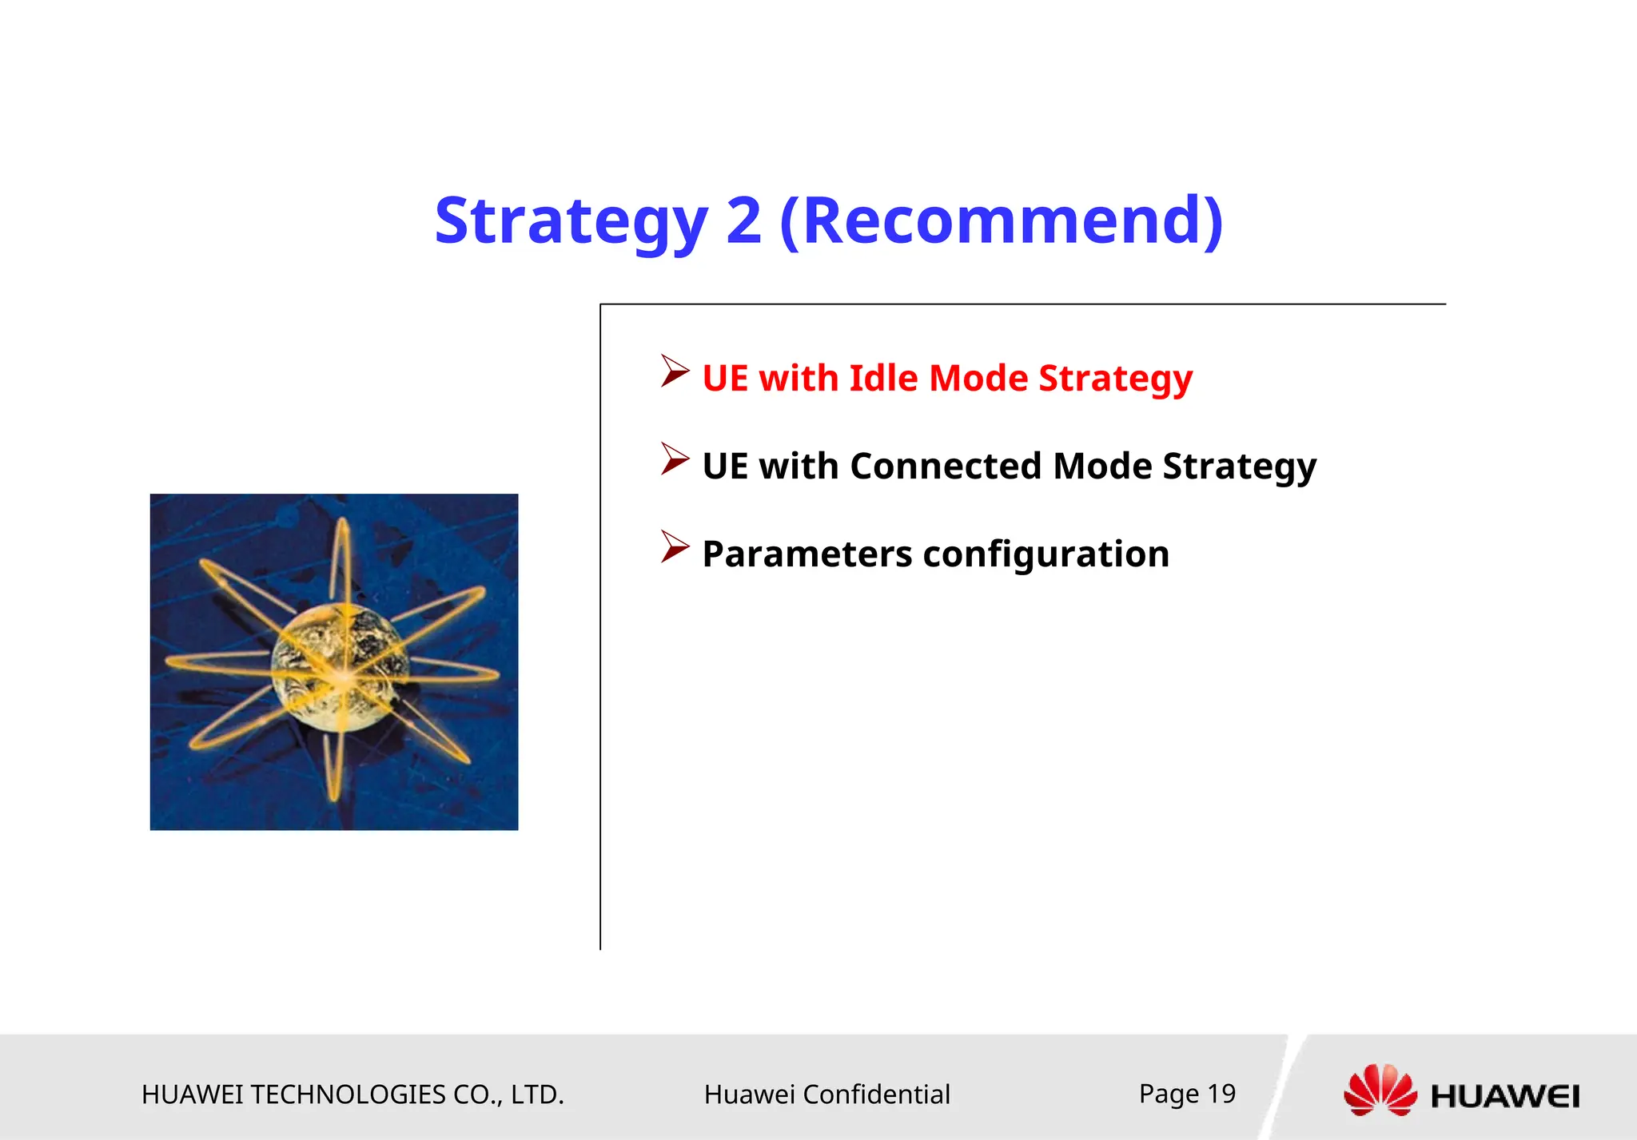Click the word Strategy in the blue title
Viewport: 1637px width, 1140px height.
pos(571,221)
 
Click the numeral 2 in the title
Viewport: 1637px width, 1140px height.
pos(743,221)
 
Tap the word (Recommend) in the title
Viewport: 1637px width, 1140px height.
pos(1001,221)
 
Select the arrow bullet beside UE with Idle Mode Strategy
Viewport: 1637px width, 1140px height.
pos(675,371)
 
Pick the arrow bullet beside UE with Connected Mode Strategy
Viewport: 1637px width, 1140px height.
pos(675,459)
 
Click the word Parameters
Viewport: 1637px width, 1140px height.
pos(807,554)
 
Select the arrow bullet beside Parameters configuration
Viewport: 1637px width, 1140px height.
pos(675,547)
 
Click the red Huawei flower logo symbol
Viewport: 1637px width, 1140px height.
pos(1380,1090)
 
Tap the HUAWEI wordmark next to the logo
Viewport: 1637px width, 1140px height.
pos(1504,1096)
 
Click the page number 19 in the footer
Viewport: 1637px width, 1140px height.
pos(1221,1093)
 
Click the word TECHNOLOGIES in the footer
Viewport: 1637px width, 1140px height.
pos(348,1094)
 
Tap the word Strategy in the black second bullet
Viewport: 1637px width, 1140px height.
pos(1239,466)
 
